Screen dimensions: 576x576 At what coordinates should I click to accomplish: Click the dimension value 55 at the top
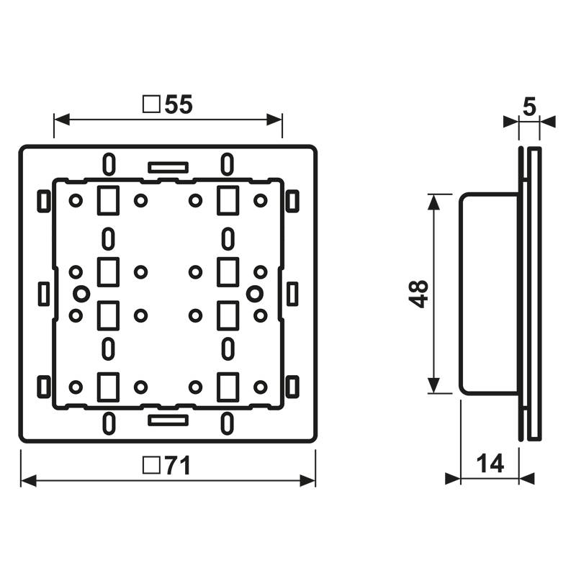tap(178, 105)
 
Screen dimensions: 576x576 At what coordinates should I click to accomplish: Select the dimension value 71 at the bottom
tap(176, 467)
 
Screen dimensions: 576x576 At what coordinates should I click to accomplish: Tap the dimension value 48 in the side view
tap(420, 294)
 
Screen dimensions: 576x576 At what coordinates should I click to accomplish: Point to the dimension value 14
tap(490, 464)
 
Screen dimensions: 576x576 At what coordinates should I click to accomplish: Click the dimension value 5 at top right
tap(529, 107)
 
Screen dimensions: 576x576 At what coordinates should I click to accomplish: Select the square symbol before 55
tap(151, 105)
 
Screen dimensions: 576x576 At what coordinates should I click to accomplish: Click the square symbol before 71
tap(151, 467)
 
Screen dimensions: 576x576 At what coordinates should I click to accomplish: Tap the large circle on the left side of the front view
tap(81, 293)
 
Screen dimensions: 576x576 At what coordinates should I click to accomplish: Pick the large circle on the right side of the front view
tap(253, 293)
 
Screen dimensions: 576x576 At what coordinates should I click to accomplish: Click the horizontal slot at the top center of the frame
tap(168, 167)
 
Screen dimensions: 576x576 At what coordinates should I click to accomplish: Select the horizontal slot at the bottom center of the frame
tap(168, 418)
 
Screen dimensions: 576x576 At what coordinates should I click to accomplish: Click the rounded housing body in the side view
tap(488, 294)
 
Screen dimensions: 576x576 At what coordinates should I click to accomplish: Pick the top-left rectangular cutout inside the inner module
tap(107, 199)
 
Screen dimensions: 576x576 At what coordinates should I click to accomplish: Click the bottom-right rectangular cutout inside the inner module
tap(228, 386)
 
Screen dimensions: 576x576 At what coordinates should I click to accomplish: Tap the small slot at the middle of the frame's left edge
tap(44, 293)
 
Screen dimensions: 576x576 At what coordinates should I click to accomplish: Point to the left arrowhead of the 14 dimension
tap(453, 478)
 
